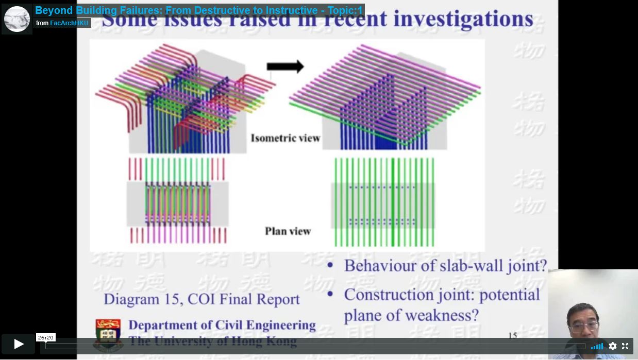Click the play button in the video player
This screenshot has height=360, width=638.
point(18,344)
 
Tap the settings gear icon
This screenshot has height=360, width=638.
point(613,346)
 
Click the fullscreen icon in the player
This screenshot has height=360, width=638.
point(625,346)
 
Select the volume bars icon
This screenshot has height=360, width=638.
point(597,346)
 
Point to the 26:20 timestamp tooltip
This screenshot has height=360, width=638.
point(45,337)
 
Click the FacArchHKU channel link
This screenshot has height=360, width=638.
point(69,23)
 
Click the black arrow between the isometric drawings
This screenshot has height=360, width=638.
point(285,66)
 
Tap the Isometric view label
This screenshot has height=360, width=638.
point(285,138)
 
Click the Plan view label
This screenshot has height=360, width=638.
point(288,231)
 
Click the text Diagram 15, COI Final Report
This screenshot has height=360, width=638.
point(202,299)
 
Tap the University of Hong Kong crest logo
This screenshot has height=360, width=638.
point(108,332)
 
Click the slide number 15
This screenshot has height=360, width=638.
point(512,336)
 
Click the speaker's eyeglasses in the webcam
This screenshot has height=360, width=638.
point(584,326)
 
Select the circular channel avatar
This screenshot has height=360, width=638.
point(17,19)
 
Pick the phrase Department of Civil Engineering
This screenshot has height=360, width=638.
point(222,325)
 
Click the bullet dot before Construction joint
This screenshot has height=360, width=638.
point(331,295)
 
